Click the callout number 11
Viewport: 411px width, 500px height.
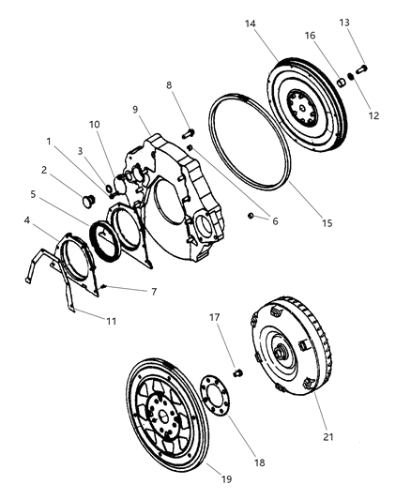pyautogui.click(x=111, y=321)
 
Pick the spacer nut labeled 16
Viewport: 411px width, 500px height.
pyautogui.click(x=342, y=82)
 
